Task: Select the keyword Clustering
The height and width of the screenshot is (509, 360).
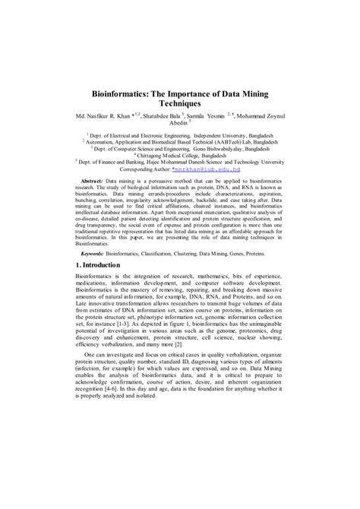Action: tap(193, 248)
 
